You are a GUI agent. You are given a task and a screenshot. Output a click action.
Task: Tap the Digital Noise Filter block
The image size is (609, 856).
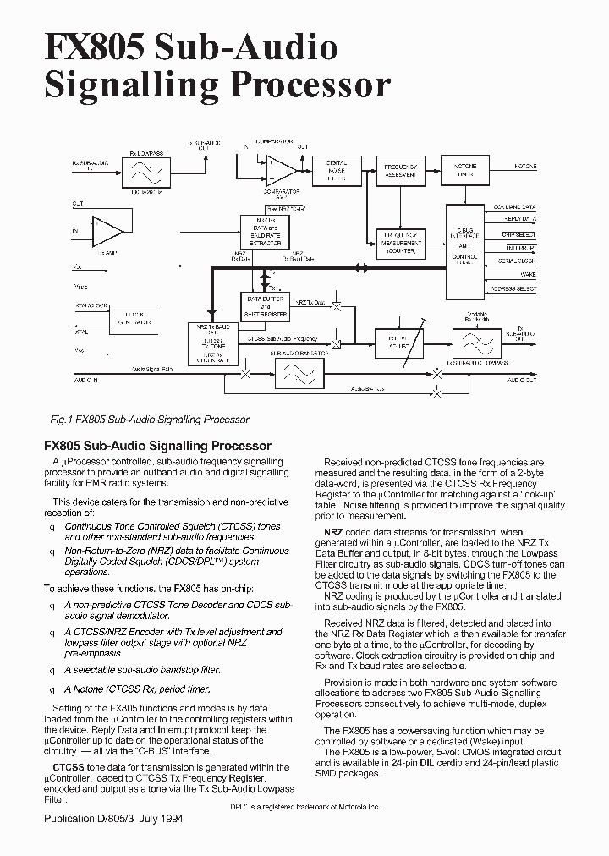[337, 169]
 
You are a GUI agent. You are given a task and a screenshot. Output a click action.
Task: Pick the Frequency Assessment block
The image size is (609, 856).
[400, 169]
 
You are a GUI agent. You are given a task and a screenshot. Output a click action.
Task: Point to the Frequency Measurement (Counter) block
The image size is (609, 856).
[400, 243]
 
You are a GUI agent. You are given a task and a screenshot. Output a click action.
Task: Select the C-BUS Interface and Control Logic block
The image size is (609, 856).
[466, 245]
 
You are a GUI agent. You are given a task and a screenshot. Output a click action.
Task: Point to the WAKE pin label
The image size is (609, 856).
[528, 275]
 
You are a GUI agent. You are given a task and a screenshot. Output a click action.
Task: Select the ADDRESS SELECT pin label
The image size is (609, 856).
[514, 289]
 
